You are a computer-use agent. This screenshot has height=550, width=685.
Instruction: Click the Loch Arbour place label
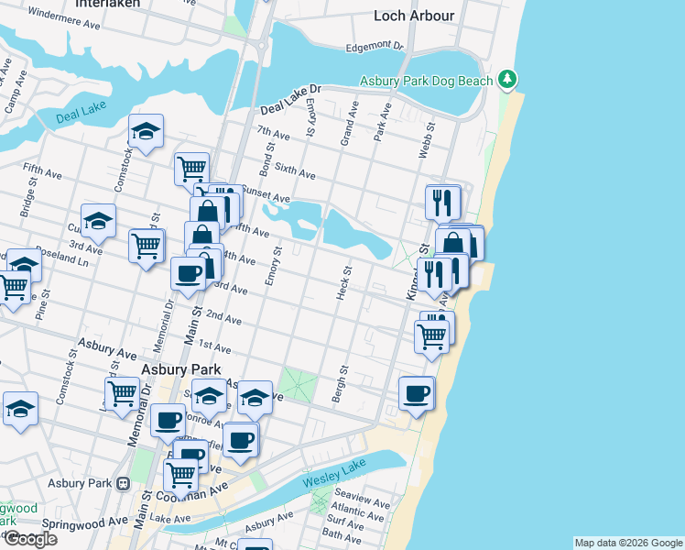[414, 15]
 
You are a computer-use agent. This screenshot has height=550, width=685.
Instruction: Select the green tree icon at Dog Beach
[507, 81]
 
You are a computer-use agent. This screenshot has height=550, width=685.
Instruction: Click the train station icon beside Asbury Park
[124, 483]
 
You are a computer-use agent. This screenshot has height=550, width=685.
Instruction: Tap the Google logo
[30, 539]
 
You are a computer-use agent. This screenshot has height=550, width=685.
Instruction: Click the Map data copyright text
[627, 543]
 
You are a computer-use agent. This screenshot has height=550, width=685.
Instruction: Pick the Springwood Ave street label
[91, 521]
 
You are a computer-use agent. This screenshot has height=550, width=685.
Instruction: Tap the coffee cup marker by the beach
[417, 393]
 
